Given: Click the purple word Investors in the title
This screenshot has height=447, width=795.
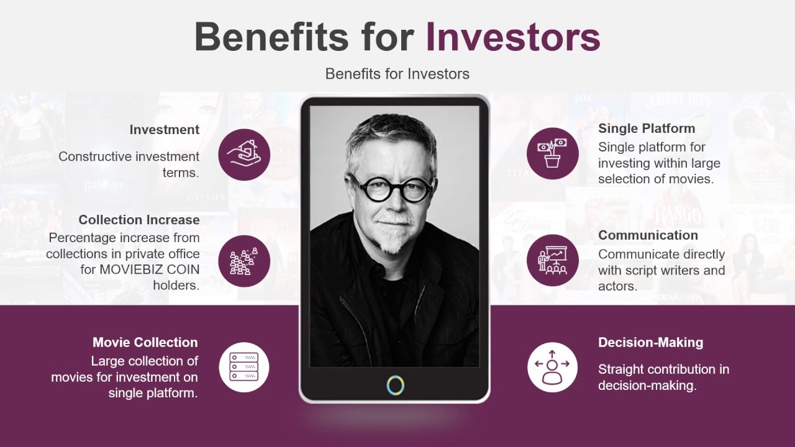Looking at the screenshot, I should (x=512, y=37).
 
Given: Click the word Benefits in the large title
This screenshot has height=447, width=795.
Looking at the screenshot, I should (x=271, y=37).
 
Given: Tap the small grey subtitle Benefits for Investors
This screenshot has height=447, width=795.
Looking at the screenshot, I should (x=397, y=74).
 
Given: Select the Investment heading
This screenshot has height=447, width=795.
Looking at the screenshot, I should (x=164, y=130).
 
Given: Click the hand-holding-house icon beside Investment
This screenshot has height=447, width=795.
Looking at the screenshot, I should (x=244, y=155).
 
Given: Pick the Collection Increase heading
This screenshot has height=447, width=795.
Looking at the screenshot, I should (x=139, y=220).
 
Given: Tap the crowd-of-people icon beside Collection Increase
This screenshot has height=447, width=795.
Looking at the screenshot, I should (x=244, y=261).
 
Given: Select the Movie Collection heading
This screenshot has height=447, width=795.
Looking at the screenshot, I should (x=145, y=342).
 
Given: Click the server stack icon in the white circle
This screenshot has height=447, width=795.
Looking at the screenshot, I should (x=244, y=367).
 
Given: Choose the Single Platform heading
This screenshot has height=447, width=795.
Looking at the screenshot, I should (x=646, y=129).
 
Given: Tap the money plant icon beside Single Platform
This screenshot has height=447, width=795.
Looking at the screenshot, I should (x=552, y=153).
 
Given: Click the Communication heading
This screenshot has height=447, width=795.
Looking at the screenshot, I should (x=648, y=235).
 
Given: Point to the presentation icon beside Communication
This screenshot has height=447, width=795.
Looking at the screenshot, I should (x=552, y=261).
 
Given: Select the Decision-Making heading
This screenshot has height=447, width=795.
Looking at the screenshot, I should (x=650, y=342).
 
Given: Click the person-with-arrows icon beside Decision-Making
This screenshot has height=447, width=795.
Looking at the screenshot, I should (x=552, y=367).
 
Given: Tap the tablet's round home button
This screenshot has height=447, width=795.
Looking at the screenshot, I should (x=395, y=385).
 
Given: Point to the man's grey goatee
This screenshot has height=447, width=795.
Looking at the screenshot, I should (x=392, y=239).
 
